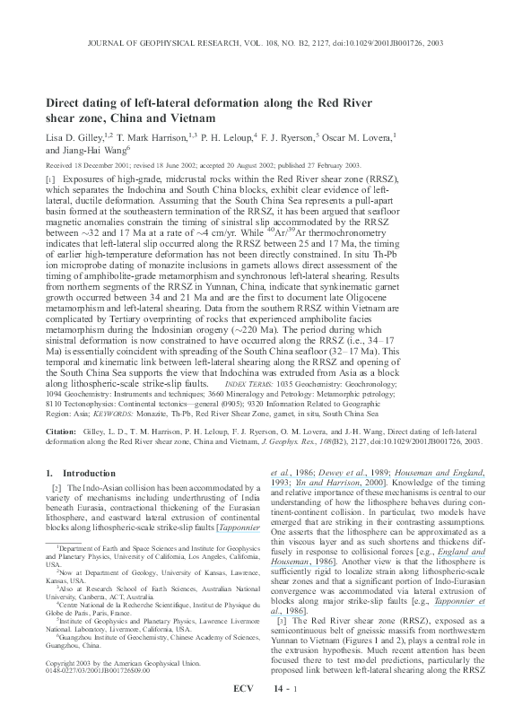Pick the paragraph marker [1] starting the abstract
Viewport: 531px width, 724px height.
[50, 180]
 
